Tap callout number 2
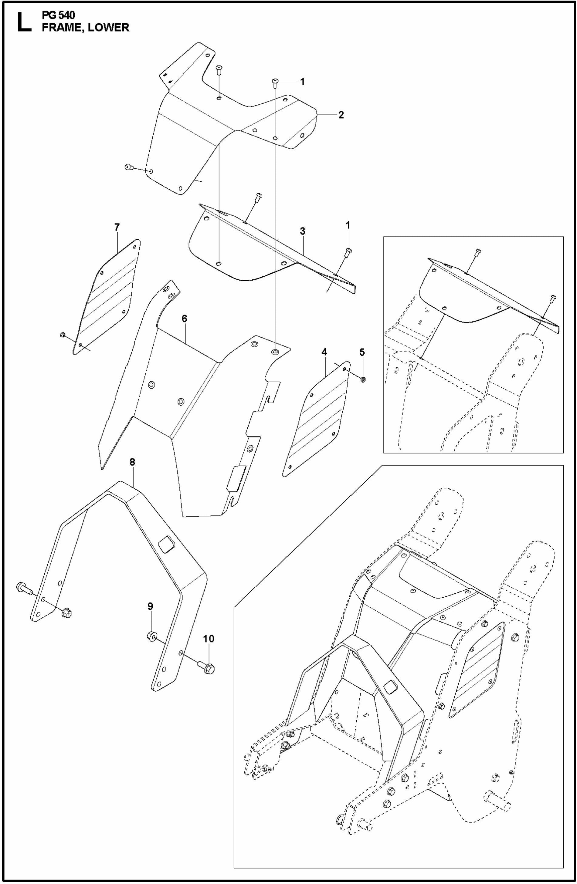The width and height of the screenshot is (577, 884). click(x=340, y=114)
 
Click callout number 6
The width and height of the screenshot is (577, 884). click(x=184, y=319)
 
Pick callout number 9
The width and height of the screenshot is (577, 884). click(x=150, y=606)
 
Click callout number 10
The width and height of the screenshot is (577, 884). click(x=209, y=639)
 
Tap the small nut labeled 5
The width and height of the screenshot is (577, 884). click(x=363, y=379)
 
